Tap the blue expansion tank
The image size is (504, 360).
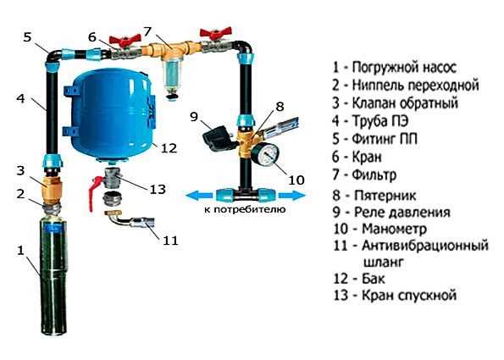point(114,112)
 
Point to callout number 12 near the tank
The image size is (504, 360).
point(169,148)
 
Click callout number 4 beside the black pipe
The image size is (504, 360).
point(20,98)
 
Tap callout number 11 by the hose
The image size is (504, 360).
point(170,240)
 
